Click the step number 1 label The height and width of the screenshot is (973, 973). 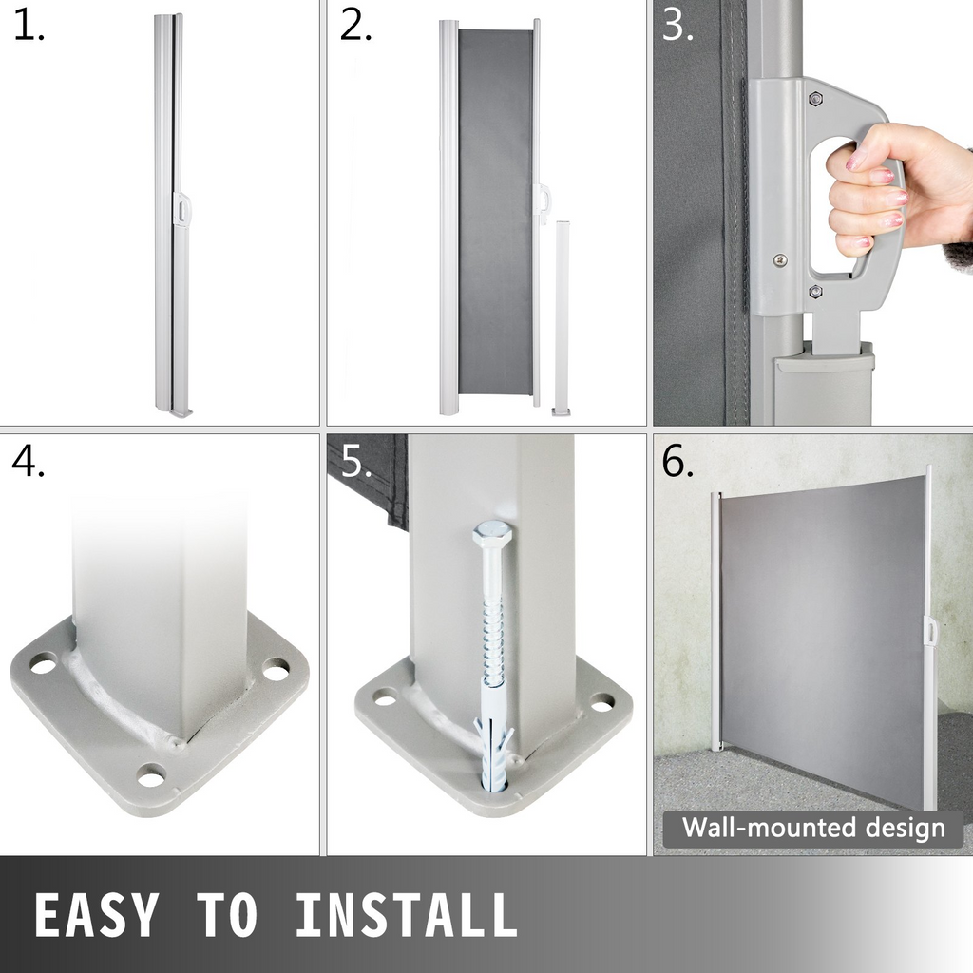point(29,26)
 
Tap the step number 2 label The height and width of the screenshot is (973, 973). point(355,26)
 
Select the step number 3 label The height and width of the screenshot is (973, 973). point(677,26)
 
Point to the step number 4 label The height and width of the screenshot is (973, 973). point(29,461)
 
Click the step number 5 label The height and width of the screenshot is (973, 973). point(355,461)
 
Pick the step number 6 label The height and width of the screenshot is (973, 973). point(677,461)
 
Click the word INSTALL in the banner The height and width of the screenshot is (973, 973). point(407,914)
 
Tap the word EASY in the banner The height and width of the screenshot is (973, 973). point(97,914)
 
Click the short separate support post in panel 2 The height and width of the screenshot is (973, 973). point(562,317)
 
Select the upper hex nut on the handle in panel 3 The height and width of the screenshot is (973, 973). point(814,98)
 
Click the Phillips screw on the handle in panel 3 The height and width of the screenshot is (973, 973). point(780,260)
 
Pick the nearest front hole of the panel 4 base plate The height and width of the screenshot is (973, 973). point(151,775)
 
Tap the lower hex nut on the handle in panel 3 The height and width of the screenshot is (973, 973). point(814,291)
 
